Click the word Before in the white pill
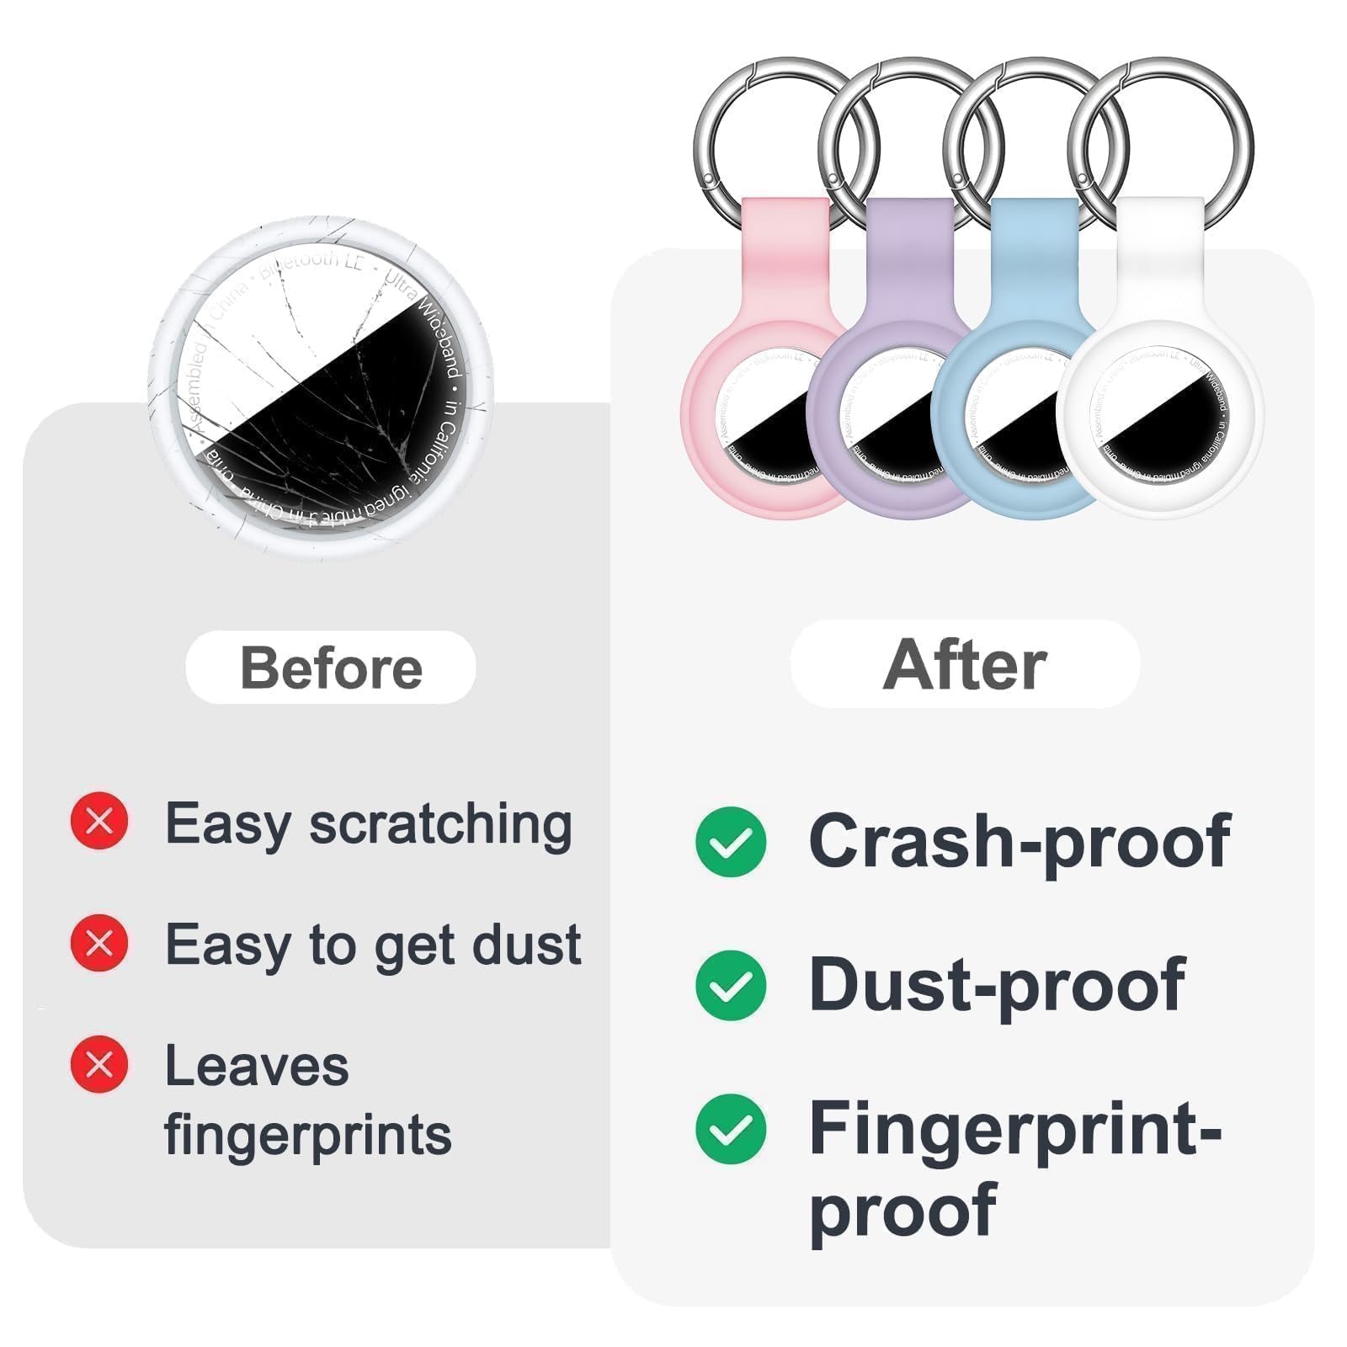[331, 668]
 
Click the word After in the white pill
[965, 665]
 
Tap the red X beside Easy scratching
[99, 821]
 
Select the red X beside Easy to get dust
[99, 943]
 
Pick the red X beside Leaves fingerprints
[99, 1064]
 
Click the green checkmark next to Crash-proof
[731, 841]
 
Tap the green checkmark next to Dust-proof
[731, 985]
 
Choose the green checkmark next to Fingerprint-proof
[731, 1129]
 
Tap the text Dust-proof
[997, 984]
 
